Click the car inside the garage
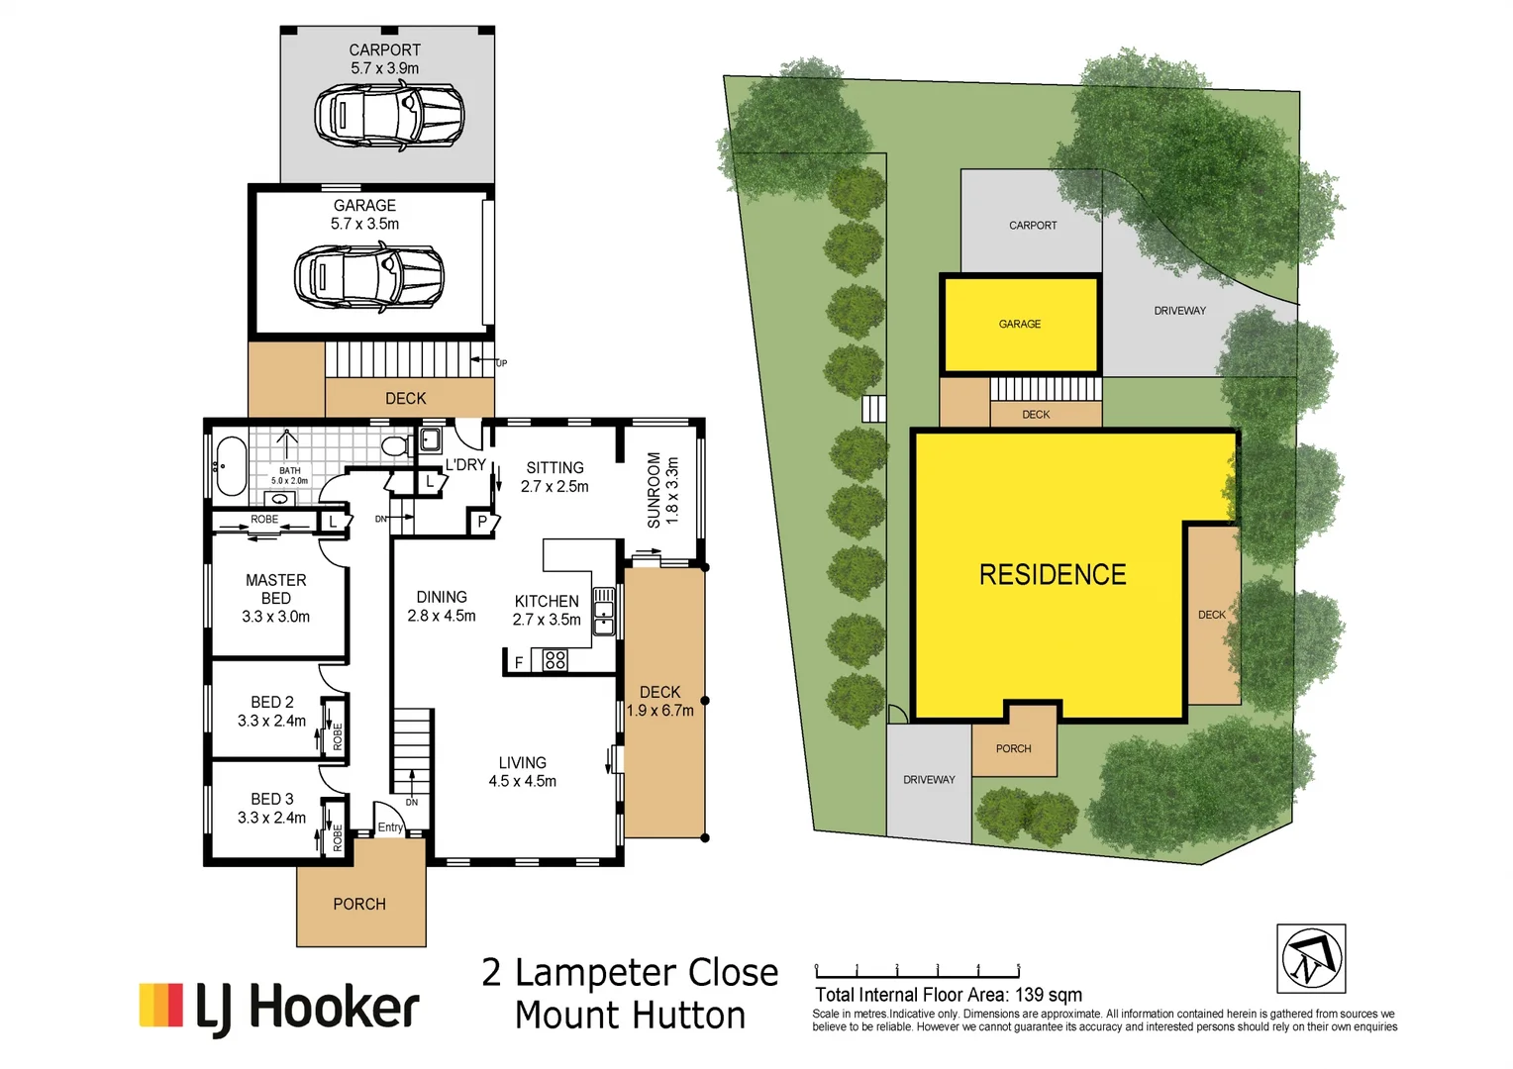368,276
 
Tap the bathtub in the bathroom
231,465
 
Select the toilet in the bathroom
396,446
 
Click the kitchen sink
603,611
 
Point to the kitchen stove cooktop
555,660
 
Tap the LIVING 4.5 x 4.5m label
522,772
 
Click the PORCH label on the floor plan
359,904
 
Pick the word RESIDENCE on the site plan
1053,575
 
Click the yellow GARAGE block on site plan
1020,324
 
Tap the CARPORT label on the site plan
1033,226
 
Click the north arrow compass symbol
1310,958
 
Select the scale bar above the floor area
917,971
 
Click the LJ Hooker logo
280,1007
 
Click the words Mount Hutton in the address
630,1016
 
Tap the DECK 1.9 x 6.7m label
660,701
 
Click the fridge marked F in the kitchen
518,661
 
